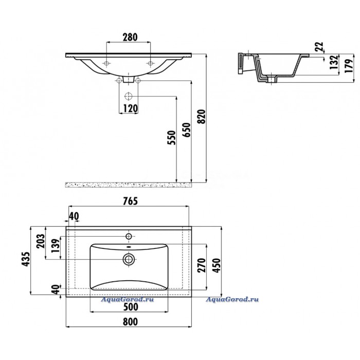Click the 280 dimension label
130,37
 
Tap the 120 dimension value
131,109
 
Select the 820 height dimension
202,117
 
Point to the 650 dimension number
187,130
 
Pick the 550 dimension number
172,137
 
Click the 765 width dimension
131,201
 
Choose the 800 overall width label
131,321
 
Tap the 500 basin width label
131,307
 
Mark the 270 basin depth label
202,265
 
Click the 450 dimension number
217,265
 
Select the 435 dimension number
26,259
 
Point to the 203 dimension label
41,241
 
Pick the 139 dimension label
56,245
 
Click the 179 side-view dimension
349,66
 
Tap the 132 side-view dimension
334,62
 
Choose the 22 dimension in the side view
319,47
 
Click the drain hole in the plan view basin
129,259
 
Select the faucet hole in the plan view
129,236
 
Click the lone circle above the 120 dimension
129,96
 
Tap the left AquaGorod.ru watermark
128,299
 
